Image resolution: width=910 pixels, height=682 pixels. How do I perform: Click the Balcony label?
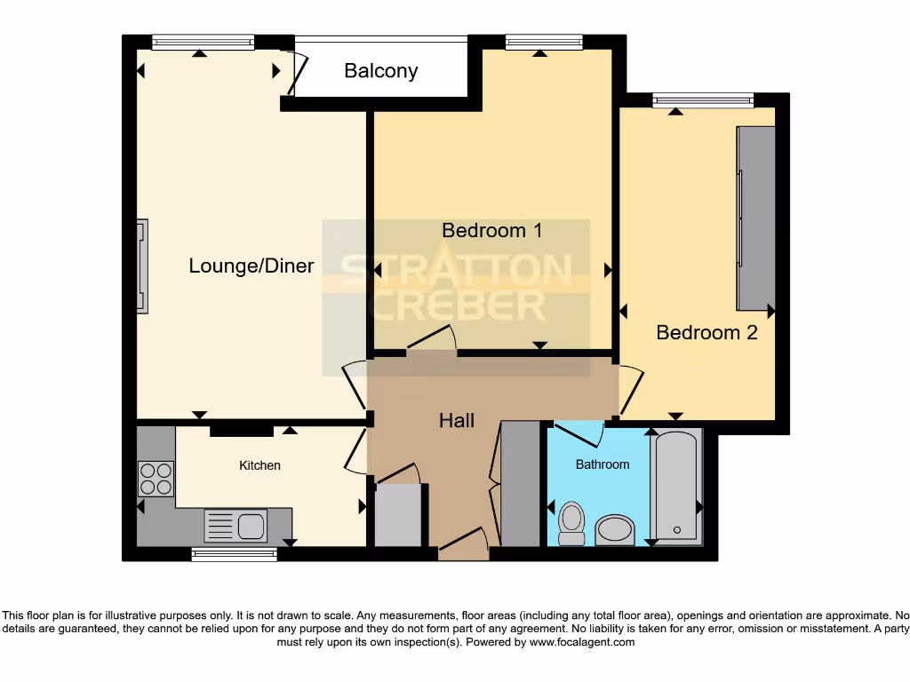380,71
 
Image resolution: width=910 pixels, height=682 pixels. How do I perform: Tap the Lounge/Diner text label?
251,266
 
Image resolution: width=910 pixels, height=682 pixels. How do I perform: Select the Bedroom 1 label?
491,231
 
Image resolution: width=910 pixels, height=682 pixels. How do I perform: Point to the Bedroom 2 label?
706,333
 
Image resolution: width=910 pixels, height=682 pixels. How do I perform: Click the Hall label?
457,421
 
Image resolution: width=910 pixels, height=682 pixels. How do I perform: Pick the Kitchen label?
259,465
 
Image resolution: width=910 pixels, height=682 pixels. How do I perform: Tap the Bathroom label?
602,464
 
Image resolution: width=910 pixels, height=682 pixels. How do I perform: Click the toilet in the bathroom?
572,522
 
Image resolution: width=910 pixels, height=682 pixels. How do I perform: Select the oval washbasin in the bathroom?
614,530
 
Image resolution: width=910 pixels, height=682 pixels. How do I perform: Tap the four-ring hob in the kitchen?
156,480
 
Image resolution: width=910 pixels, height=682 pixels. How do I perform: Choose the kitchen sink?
235,526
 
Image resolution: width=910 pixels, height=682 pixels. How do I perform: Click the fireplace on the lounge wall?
142,266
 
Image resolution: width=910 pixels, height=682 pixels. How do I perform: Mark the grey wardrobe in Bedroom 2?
754,218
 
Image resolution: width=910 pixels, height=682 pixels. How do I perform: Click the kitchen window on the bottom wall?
235,555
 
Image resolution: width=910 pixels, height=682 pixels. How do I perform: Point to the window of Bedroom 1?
544,42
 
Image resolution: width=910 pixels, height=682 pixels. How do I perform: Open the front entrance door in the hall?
464,543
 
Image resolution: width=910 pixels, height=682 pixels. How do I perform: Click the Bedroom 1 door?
433,340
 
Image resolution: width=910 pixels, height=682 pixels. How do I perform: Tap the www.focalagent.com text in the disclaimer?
582,642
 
